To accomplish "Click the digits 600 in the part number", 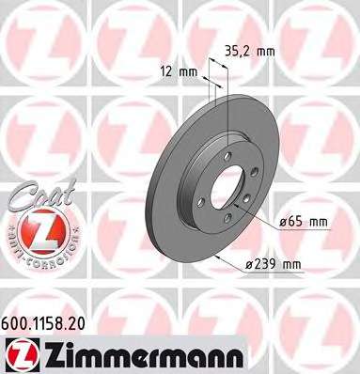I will pos(17,320).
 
